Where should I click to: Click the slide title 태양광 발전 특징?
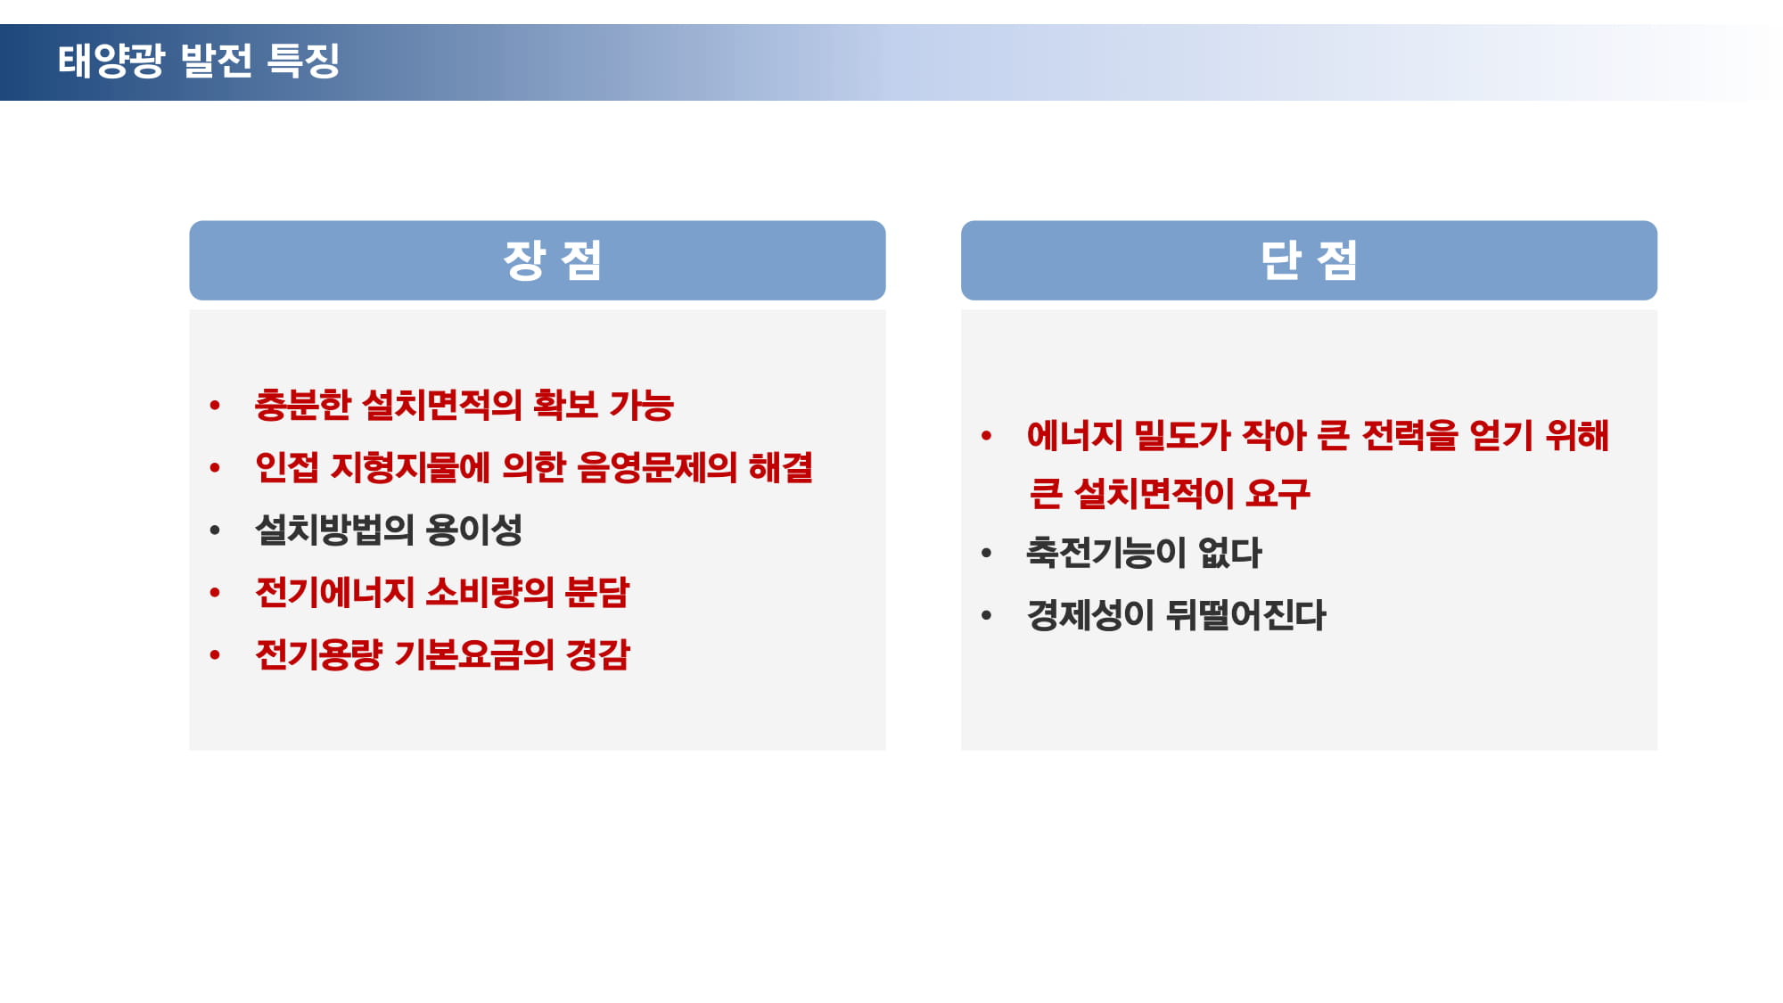click(x=199, y=61)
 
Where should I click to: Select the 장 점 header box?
click(x=538, y=260)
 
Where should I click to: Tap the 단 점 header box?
click(x=1309, y=260)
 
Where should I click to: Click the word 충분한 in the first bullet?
click(x=303, y=405)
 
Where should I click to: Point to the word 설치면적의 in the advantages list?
click(x=443, y=405)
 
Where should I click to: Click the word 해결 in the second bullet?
click(x=781, y=467)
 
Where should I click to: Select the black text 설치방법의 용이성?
click(x=389, y=530)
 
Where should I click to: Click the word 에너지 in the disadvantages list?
click(x=1075, y=435)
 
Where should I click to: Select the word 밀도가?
click(x=1182, y=435)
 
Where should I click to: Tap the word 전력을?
click(x=1409, y=435)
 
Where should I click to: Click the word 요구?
click(x=1278, y=493)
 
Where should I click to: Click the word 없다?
click(x=1230, y=553)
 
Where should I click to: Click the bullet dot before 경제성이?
click(x=986, y=615)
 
